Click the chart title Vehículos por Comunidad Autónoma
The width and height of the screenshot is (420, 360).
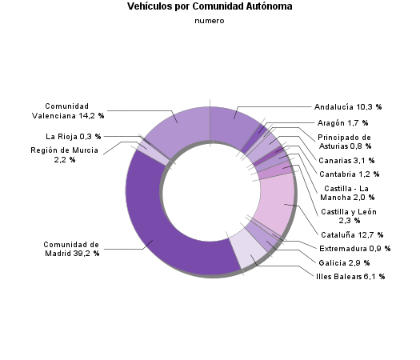tap(210, 6)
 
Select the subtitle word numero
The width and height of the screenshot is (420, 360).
tap(210, 21)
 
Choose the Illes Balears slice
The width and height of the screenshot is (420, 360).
tap(244, 256)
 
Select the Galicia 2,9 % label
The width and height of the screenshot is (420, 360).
tap(342, 262)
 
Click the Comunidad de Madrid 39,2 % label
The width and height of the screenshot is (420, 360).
tap(71, 249)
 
